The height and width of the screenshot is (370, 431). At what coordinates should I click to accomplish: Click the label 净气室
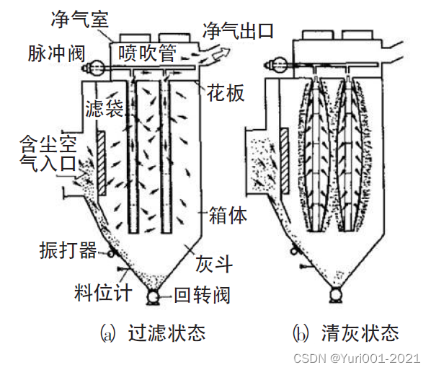tap(79, 19)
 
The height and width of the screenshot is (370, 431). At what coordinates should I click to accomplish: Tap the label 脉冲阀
tap(57, 53)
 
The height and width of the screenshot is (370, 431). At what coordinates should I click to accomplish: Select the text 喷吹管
tap(147, 53)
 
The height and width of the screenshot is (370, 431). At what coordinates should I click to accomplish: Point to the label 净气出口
tap(238, 31)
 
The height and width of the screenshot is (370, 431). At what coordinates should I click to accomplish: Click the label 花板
tap(226, 93)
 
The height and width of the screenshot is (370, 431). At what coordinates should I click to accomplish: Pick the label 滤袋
tap(105, 108)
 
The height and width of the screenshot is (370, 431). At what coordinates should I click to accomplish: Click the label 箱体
tap(228, 215)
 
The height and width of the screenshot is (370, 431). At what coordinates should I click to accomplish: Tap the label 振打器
tap(68, 250)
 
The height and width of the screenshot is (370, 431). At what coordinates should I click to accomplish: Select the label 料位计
tap(103, 292)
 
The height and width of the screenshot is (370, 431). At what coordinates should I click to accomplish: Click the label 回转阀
tap(202, 295)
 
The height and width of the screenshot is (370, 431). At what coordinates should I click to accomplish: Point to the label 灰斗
tap(214, 264)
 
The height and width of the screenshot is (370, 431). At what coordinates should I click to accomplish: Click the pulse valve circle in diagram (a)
tap(97, 67)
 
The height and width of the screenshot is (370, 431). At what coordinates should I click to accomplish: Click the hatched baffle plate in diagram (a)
tap(102, 164)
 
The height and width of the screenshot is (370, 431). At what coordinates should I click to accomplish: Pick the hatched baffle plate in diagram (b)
tap(284, 160)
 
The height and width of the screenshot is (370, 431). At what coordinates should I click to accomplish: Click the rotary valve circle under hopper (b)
tap(336, 294)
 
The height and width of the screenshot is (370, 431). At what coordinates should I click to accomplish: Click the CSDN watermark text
tap(357, 358)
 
